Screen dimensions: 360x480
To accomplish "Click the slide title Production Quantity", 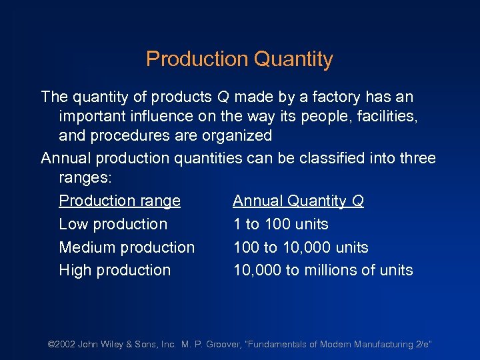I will click(239, 59).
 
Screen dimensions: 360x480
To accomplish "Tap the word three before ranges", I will click(415, 159).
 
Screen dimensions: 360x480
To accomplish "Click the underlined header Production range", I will click(119, 201).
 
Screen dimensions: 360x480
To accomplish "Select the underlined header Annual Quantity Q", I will click(298, 201).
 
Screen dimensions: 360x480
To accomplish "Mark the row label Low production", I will click(113, 224).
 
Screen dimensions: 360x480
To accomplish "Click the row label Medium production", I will click(127, 247).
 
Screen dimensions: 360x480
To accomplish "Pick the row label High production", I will click(115, 270).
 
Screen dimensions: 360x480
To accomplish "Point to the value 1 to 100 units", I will click(281, 224).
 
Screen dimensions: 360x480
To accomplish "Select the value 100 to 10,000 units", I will click(301, 247).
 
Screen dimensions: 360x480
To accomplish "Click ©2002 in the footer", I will click(62, 345).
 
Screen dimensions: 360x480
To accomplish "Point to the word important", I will click(89, 117).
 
